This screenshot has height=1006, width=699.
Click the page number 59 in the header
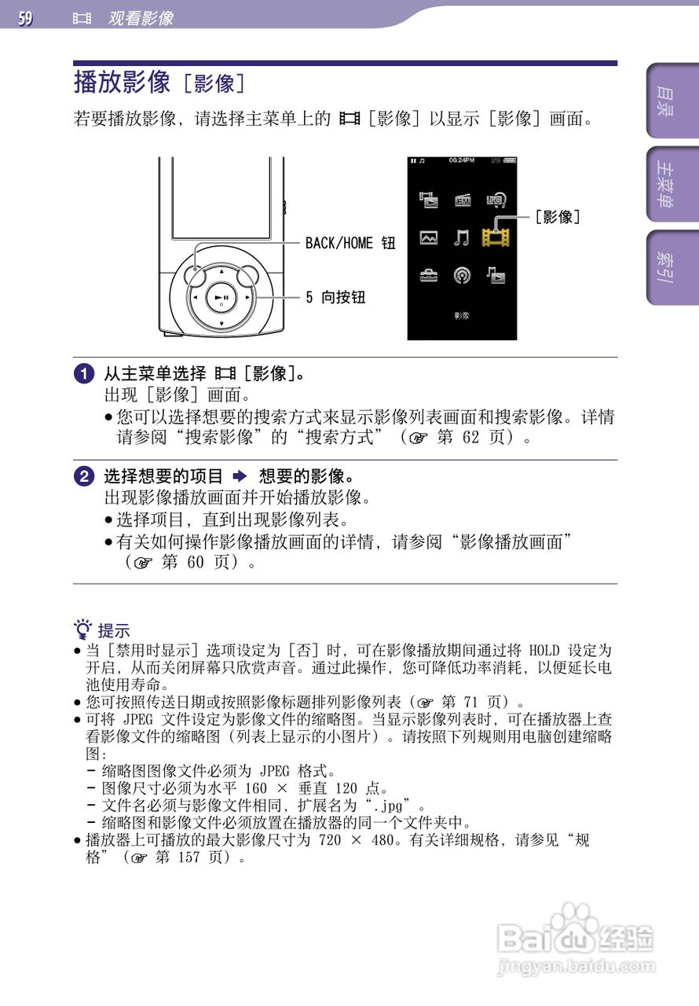[26, 17]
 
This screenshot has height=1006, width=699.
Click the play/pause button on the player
[221, 298]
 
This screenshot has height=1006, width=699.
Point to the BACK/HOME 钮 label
[350, 243]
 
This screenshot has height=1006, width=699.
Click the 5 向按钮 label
[335, 297]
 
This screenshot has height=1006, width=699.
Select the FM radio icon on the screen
[463, 200]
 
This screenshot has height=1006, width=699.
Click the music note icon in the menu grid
[462, 237]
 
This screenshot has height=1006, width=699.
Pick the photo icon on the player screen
[429, 237]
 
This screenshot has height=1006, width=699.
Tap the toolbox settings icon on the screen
[429, 275]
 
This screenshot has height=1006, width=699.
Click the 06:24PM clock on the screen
[461, 160]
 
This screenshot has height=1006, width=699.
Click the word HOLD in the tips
[544, 651]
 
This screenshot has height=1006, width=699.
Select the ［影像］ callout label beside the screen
[558, 216]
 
